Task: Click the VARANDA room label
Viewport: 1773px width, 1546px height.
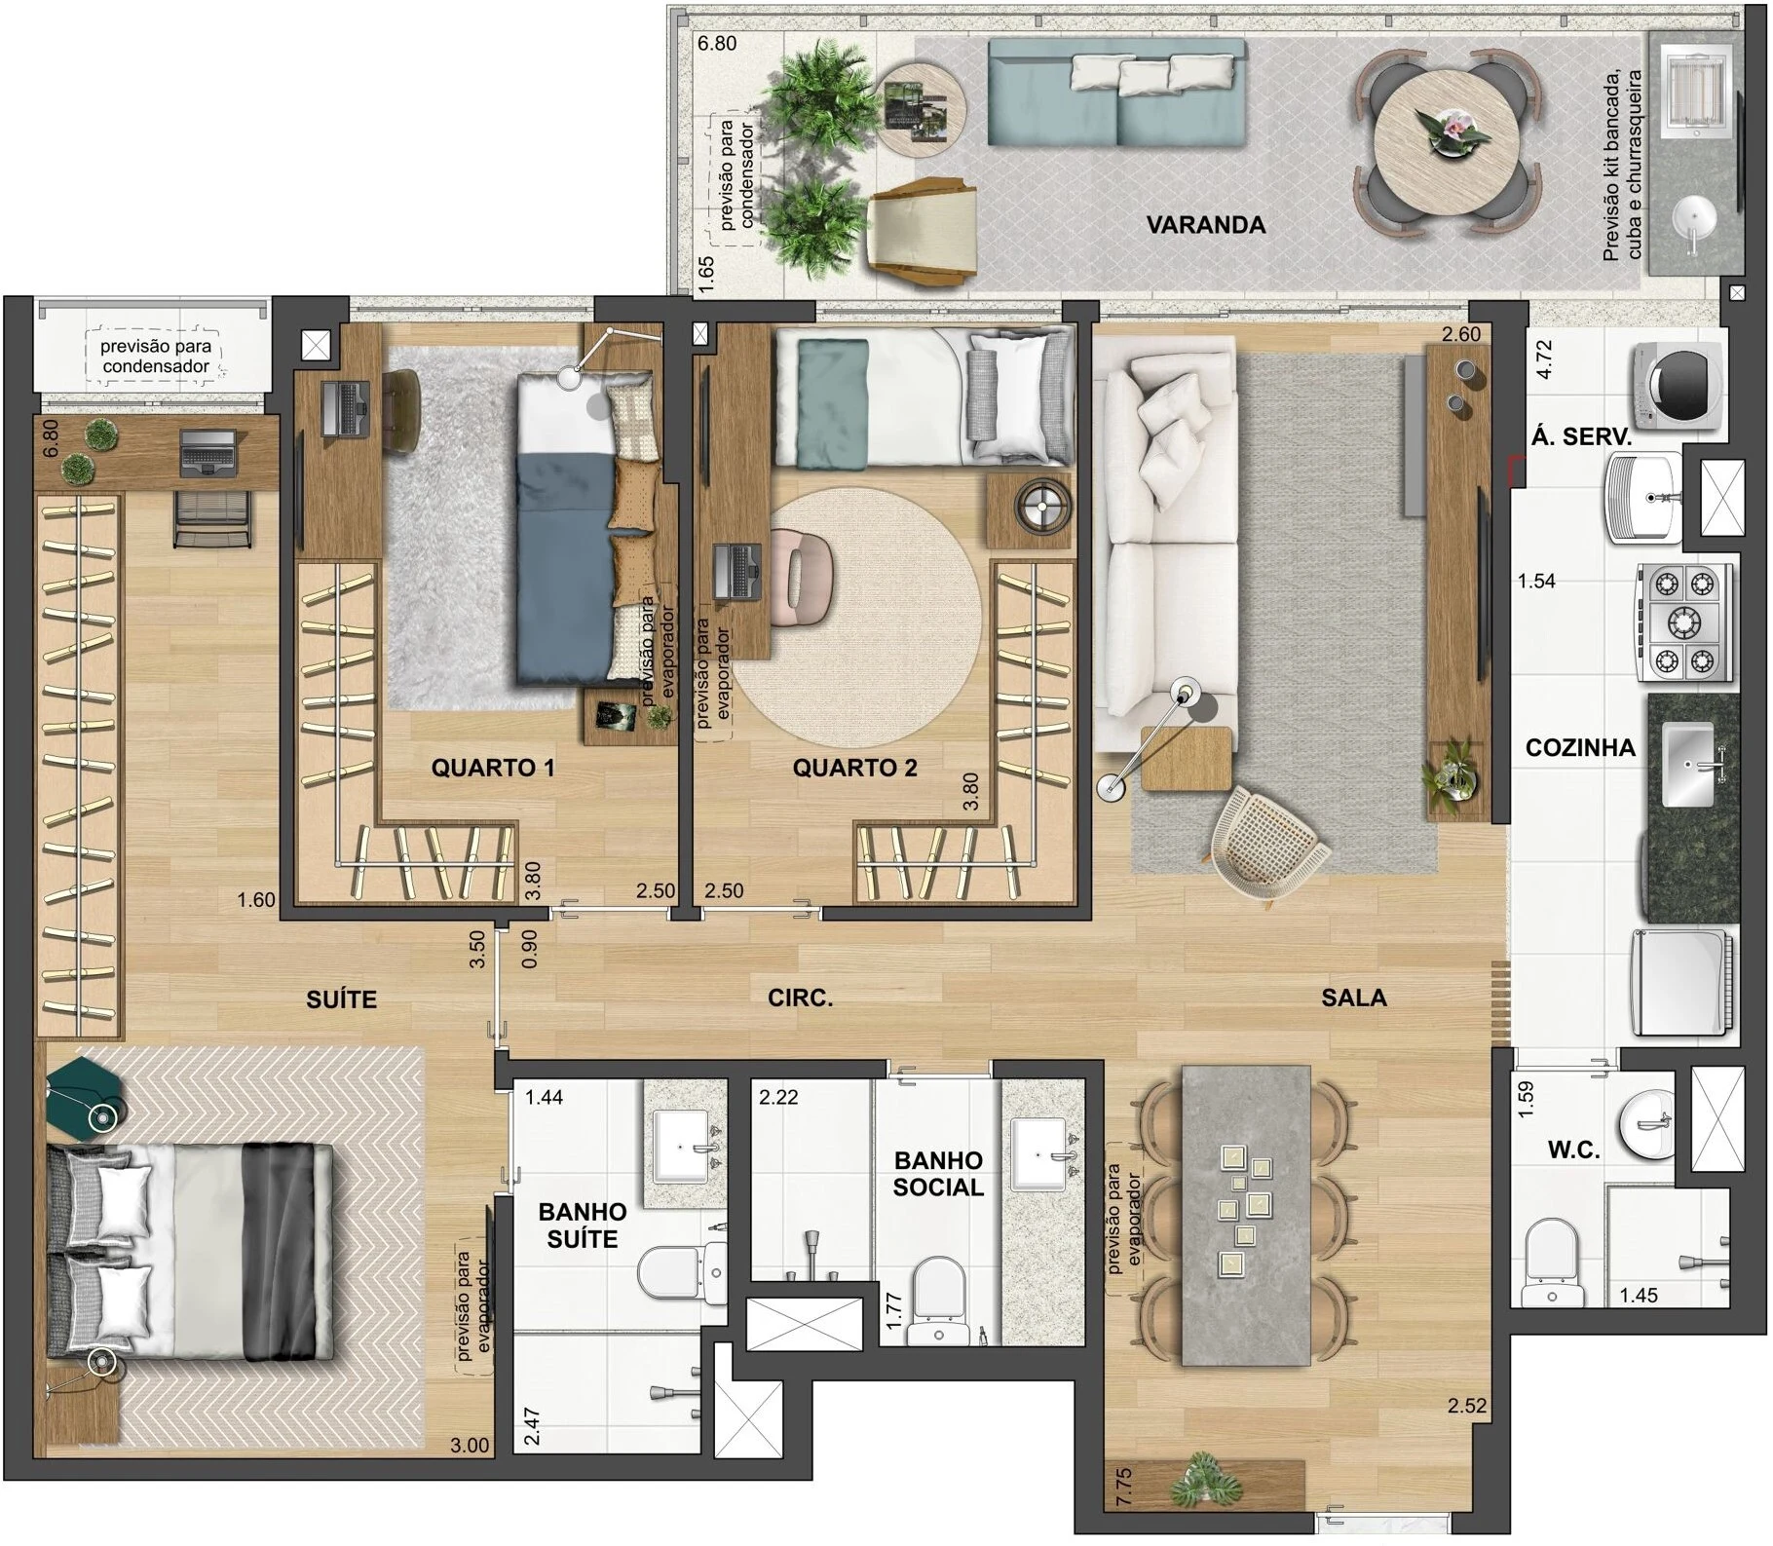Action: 1205,225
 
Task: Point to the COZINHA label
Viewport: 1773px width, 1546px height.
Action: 1580,747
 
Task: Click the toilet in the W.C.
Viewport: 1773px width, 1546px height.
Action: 1550,1263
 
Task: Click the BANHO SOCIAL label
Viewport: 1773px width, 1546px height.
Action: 938,1174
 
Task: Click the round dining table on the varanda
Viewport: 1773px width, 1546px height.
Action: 1447,140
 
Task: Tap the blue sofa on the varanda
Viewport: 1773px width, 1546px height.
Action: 1116,94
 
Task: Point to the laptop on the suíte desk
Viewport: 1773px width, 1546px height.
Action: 208,453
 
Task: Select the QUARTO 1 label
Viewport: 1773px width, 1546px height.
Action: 493,768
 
